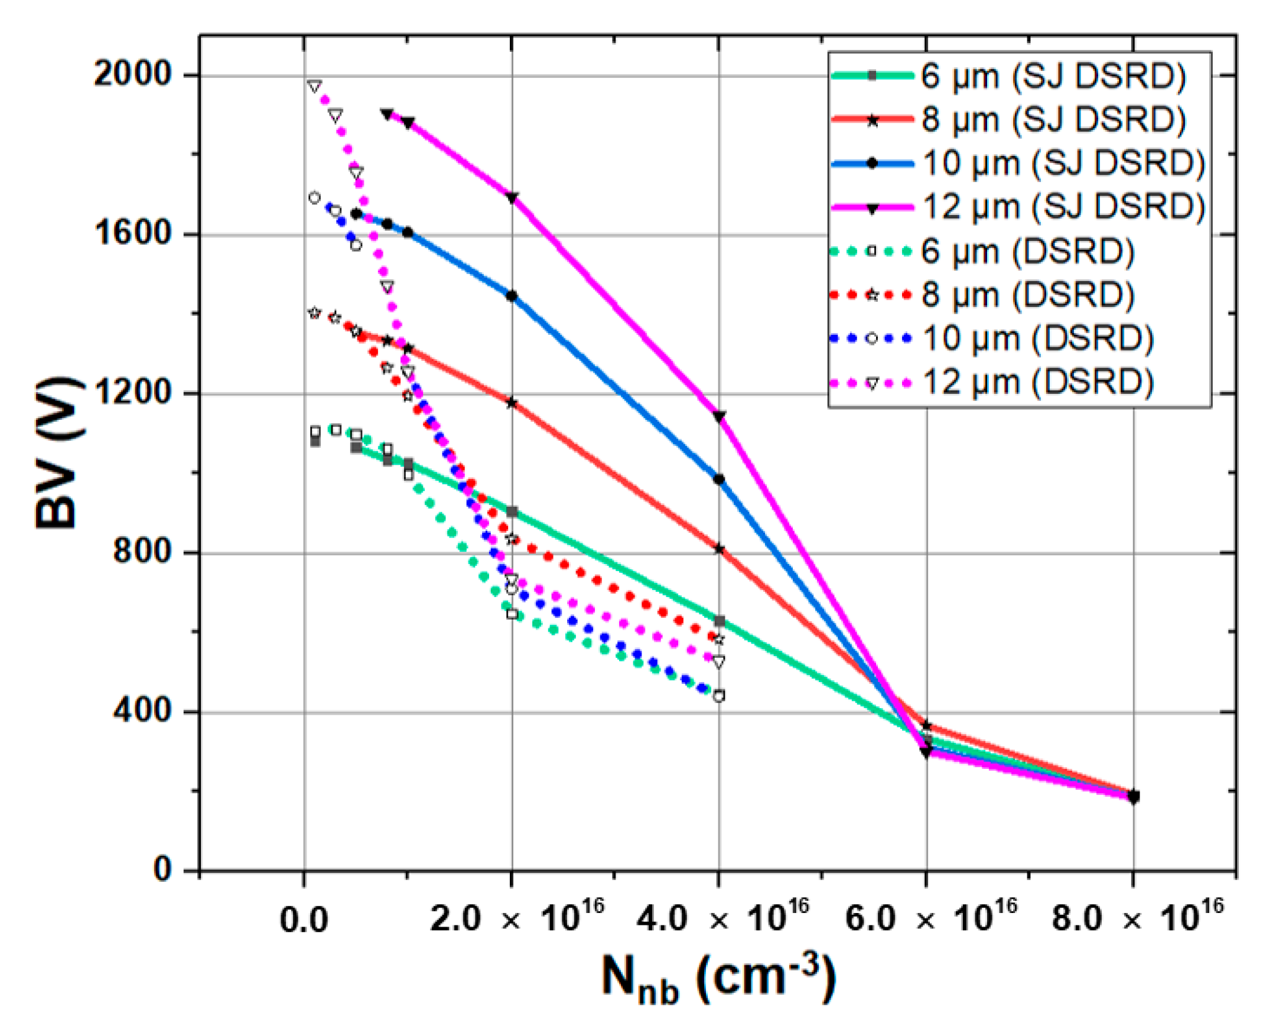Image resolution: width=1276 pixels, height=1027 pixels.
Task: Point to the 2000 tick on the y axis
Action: pyautogui.click(x=132, y=75)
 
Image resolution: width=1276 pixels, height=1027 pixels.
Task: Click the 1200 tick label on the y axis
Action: pyautogui.click(x=132, y=393)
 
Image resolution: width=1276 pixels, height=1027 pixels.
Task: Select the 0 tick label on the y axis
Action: pyautogui.click(x=163, y=870)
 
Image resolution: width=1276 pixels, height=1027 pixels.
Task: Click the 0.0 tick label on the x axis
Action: pyautogui.click(x=304, y=921)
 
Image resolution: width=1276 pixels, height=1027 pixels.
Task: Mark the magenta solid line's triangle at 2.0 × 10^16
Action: pyautogui.click(x=512, y=197)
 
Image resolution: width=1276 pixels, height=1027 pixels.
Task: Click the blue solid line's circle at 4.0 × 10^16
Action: pyautogui.click(x=719, y=479)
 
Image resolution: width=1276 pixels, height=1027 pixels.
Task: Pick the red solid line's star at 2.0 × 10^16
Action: pyautogui.click(x=512, y=403)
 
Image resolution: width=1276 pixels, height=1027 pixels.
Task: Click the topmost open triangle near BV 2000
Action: pyautogui.click(x=315, y=86)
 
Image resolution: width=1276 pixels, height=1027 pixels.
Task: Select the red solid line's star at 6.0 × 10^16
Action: pyautogui.click(x=927, y=725)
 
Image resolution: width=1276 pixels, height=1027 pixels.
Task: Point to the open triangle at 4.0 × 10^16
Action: pyautogui.click(x=719, y=662)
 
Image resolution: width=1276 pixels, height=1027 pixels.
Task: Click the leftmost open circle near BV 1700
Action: pyautogui.click(x=314, y=198)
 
